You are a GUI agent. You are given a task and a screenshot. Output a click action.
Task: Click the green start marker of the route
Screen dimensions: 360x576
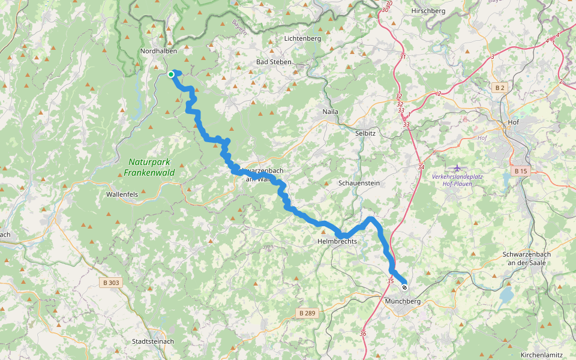tap(171, 74)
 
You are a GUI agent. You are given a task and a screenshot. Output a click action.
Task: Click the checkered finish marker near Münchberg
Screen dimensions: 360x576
tap(404, 287)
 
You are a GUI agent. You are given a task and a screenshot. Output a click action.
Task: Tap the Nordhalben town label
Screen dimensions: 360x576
tap(158, 52)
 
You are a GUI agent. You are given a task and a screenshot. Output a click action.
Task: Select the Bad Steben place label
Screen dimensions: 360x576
tap(274, 62)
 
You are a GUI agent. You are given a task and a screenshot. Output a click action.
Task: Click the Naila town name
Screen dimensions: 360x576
tap(331, 112)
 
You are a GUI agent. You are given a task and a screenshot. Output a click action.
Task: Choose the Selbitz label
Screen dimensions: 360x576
tap(365, 133)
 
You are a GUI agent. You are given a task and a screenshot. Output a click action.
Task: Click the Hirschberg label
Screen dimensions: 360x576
tap(428, 11)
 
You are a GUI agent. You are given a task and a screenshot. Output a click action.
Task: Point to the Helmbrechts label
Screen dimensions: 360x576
tap(337, 241)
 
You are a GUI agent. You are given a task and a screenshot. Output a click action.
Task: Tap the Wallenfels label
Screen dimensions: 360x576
tap(123, 194)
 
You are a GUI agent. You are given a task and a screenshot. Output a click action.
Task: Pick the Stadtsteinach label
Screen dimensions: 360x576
tap(153, 341)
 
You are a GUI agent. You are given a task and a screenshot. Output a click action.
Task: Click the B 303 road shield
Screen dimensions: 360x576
tap(111, 282)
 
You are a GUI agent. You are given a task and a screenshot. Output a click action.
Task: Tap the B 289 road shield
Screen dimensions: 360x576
tap(307, 313)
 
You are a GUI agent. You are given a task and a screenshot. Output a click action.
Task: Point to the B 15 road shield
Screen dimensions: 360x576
tap(520, 172)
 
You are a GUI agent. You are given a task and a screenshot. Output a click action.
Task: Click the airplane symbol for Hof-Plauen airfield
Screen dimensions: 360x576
tap(458, 167)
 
